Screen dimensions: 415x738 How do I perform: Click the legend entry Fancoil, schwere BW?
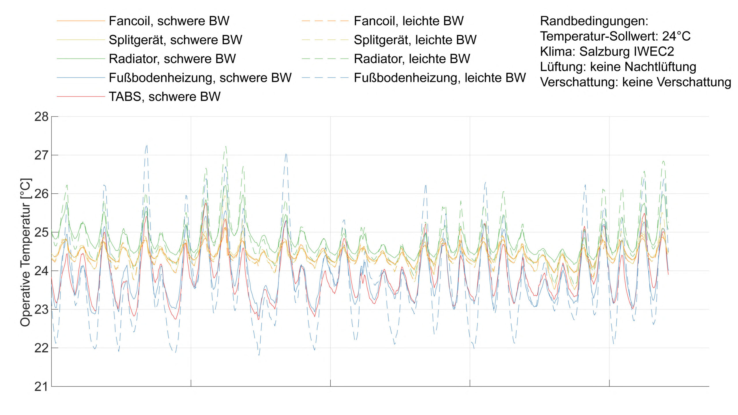169,21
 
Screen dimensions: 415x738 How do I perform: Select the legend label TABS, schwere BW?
164,97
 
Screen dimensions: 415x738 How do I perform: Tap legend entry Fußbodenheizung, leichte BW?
440,78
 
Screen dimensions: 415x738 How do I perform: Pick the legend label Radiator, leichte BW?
412,59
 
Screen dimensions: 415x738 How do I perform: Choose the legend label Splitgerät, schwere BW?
175,40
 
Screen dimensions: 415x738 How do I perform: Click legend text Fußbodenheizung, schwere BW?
200,78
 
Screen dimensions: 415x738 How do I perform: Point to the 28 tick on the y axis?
42,117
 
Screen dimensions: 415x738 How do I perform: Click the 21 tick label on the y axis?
42,387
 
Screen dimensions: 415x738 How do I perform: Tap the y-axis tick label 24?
42,271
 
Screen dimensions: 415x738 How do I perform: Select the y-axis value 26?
42,194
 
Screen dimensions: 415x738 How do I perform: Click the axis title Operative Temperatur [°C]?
25,252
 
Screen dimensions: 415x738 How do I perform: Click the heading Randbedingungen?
594,21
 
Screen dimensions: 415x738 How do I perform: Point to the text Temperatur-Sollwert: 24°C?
615,36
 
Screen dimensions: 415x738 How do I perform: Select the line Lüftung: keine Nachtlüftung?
618,67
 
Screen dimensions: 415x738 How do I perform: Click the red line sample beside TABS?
81,97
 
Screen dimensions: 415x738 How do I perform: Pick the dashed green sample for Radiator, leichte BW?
325,59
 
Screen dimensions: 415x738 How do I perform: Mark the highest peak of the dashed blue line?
147,146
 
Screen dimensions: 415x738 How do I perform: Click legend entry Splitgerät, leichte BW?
415,40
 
